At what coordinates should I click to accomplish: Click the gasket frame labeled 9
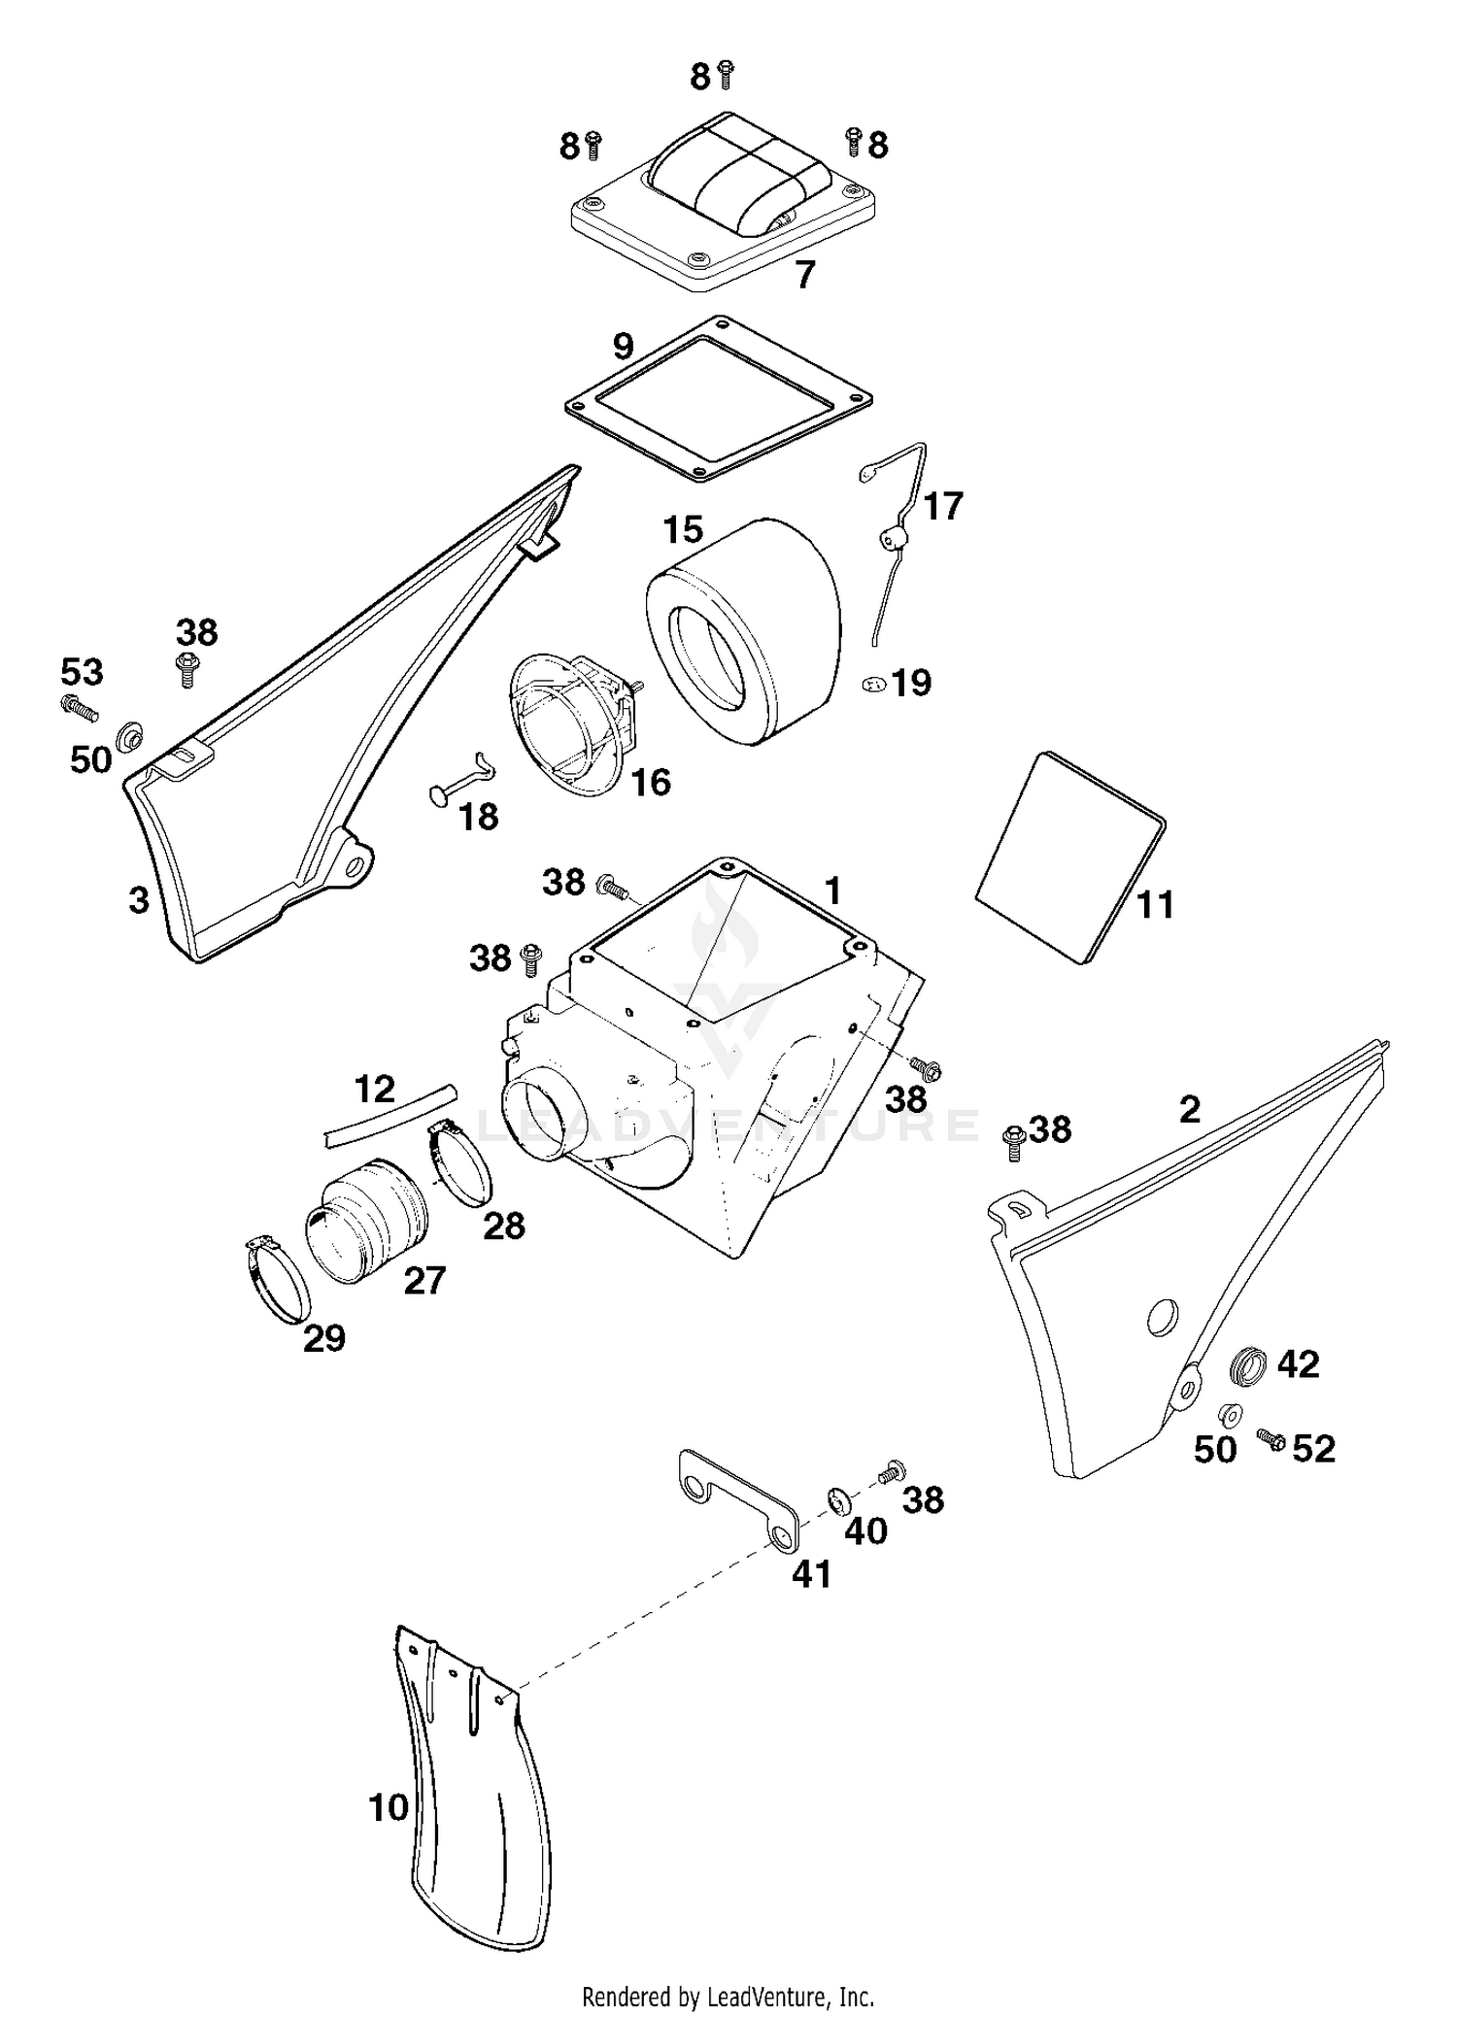(593, 405)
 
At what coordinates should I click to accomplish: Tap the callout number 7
(804, 275)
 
